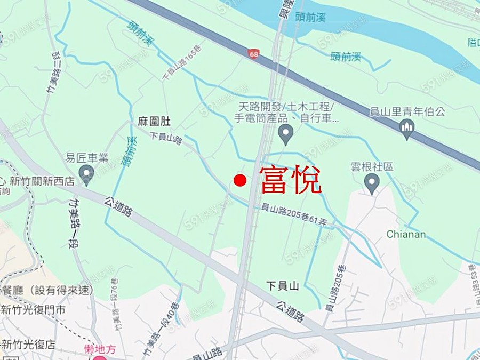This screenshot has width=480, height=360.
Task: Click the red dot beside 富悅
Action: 240,181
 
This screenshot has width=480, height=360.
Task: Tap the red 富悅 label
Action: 291,180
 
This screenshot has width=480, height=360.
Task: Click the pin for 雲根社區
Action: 372,183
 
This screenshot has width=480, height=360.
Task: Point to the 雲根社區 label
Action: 372,167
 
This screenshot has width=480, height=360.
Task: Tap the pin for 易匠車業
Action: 86,174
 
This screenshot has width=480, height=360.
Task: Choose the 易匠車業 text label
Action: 86,158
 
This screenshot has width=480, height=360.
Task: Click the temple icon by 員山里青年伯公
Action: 407,128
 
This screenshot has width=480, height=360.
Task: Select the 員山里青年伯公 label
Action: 407,112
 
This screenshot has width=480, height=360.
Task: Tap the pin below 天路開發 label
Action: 286,133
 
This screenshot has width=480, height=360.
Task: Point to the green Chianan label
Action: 406,234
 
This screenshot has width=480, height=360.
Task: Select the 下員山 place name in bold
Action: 283,286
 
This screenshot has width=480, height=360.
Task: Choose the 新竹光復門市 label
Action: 33,310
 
